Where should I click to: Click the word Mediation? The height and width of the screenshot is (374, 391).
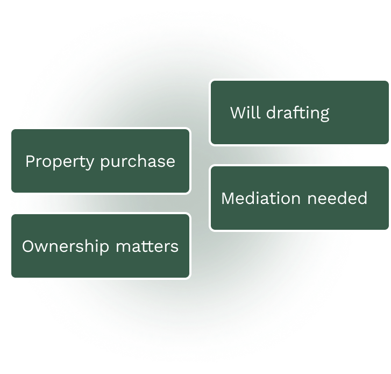tap(261, 198)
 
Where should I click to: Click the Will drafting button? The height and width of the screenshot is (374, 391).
tap(300, 112)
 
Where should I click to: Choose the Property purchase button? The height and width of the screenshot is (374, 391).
tap(100, 161)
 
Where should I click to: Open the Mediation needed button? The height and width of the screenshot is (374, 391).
tap(300, 198)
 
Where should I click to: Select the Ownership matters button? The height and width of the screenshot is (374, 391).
tap(100, 246)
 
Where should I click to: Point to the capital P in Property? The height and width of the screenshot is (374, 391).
tap(30, 161)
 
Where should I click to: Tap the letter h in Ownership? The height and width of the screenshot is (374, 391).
tap(86, 246)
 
